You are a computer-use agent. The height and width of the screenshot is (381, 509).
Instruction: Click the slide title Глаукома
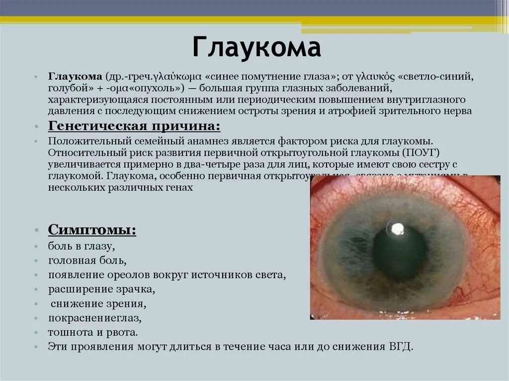click(256, 49)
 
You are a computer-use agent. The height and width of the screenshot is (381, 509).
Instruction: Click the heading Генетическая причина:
click(134, 126)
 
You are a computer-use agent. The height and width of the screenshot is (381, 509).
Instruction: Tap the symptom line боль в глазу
click(82, 246)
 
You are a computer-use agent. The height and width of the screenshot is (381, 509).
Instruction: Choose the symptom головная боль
click(87, 260)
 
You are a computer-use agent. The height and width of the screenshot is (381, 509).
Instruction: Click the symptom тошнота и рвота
click(93, 332)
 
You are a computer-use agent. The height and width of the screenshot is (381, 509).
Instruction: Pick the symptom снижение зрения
click(99, 304)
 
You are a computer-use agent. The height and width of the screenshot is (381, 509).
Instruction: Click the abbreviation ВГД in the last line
click(400, 346)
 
